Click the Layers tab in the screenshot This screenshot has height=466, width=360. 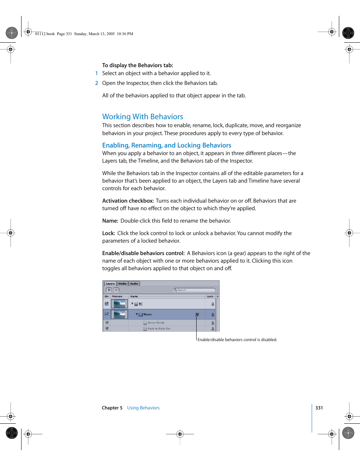(110, 284)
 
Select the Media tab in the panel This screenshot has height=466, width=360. (123, 284)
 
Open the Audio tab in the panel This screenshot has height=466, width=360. (134, 284)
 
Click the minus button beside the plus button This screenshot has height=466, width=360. (116, 290)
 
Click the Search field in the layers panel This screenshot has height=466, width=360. (194, 290)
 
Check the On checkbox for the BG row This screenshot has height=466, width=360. (106, 304)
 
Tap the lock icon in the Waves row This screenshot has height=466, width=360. (212, 314)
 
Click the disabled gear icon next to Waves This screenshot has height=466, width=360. (197, 314)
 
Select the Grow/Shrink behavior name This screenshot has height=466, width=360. (156, 323)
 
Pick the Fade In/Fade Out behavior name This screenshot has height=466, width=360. (159, 329)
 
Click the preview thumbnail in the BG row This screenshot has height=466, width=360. (119, 304)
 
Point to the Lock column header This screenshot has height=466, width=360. (210, 297)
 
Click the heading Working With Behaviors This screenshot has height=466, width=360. (143, 117)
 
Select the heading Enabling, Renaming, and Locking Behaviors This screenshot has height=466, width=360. (166, 145)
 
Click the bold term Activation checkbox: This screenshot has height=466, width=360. (128, 201)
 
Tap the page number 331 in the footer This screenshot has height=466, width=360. (319, 408)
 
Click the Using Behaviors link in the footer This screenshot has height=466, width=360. (143, 408)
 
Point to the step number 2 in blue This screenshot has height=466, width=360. (97, 83)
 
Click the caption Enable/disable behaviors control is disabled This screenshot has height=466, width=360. (237, 340)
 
